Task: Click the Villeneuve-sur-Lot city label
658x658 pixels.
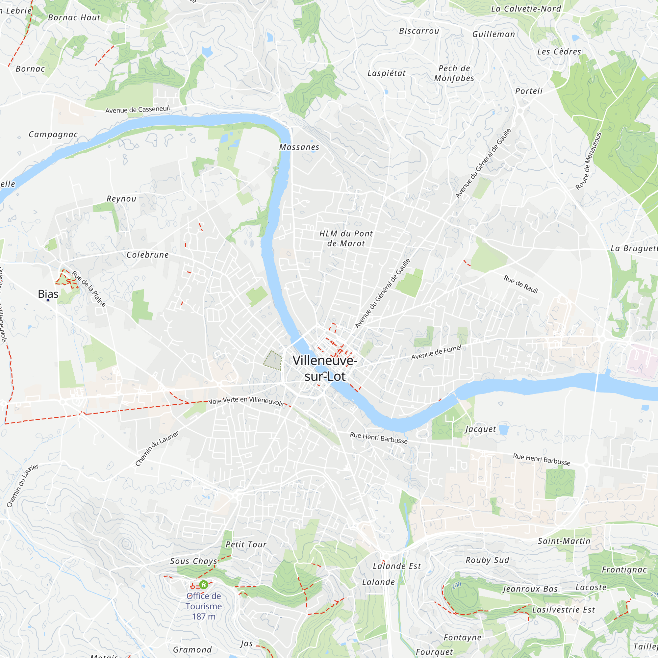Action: (x=325, y=368)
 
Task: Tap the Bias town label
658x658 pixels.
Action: (x=48, y=294)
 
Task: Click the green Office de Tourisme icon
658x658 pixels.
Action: (x=204, y=585)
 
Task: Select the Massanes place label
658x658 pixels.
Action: (x=299, y=147)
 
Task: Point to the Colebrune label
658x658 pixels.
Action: (x=147, y=255)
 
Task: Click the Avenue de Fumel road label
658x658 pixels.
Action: (x=436, y=352)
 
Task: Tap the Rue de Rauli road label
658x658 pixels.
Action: (x=521, y=284)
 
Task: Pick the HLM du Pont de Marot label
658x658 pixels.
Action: (x=346, y=239)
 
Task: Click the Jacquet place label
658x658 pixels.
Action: (x=481, y=429)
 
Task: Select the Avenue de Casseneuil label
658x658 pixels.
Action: (x=137, y=110)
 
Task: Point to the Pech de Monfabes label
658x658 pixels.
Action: (x=454, y=73)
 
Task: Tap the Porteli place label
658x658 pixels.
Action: (x=529, y=91)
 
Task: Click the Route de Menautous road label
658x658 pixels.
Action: (x=589, y=161)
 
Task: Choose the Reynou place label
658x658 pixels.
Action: (x=121, y=199)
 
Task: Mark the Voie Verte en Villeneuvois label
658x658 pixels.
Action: (x=246, y=401)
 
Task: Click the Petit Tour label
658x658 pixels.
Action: (x=246, y=544)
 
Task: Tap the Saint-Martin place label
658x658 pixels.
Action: (x=564, y=541)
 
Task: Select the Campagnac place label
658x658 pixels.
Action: (x=53, y=135)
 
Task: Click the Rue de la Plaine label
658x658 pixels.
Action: (x=89, y=289)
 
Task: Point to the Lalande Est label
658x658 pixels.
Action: (x=397, y=566)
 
